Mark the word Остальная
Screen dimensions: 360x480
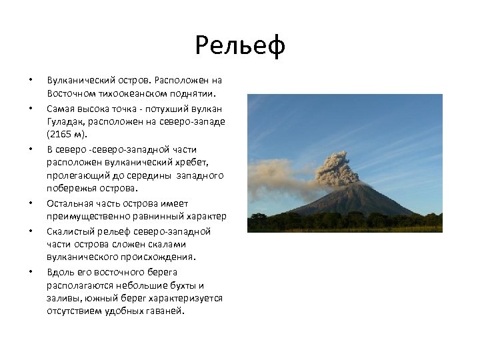[x=69, y=203]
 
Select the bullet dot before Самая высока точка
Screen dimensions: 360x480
[x=30, y=109]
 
